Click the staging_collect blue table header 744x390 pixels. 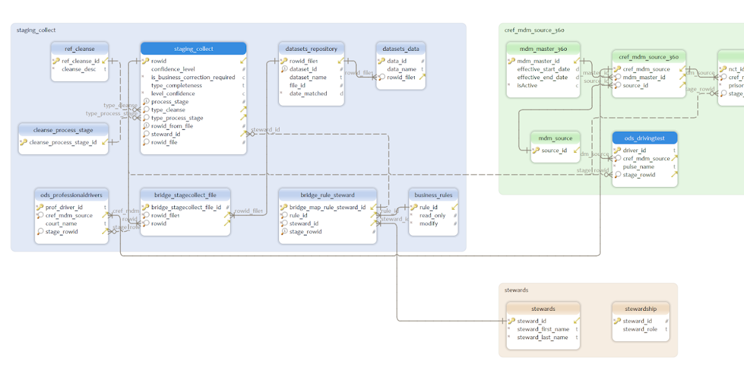click(193, 49)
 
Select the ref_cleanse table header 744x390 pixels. click(80, 49)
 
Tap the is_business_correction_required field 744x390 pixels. click(193, 77)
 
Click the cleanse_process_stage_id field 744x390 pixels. click(63, 142)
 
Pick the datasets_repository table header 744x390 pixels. click(311, 49)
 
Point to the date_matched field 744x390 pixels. click(308, 93)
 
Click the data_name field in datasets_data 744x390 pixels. click(402, 69)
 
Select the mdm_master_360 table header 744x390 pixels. click(543, 49)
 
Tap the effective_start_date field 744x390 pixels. click(543, 69)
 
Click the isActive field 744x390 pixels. click(527, 85)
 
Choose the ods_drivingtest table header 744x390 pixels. click(645, 138)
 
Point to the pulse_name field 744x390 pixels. click(639, 167)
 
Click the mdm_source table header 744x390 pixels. click(555, 138)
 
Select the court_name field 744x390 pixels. click(61, 223)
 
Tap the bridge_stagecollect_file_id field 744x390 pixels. click(186, 207)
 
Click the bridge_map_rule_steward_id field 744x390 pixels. click(327, 207)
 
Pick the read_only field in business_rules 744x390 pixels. click(432, 215)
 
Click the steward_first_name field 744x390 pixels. click(542, 329)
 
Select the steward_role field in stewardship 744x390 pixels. click(640, 329)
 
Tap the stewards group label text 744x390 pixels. click(516, 290)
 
